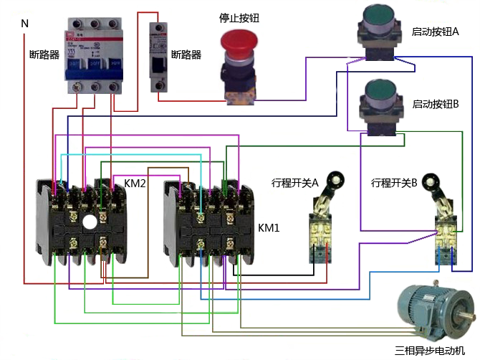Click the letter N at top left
[x=24, y=24]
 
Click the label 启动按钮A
[x=435, y=32]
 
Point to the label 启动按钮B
[x=435, y=104]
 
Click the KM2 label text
[x=135, y=184]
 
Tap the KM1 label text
[x=269, y=227]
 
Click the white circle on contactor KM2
[x=89, y=222]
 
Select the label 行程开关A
[x=294, y=182]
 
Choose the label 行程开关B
[x=394, y=182]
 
